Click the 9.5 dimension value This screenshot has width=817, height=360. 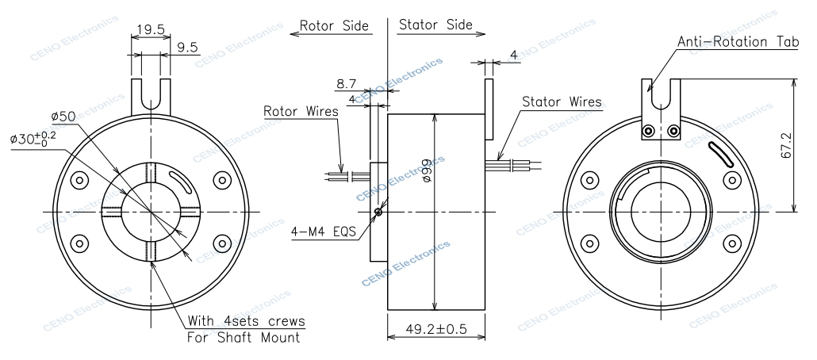188,48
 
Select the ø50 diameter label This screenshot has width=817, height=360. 63,117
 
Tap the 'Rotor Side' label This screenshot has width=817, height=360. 334,25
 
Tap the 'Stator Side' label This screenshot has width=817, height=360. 435,25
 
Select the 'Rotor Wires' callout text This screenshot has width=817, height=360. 301,111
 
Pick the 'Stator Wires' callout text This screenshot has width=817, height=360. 562,102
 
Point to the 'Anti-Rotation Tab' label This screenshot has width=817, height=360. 738,41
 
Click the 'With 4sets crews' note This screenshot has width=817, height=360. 247,321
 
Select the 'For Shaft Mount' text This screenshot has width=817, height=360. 243,338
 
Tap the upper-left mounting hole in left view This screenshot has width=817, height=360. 79,180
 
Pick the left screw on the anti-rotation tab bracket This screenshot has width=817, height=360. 650,131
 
